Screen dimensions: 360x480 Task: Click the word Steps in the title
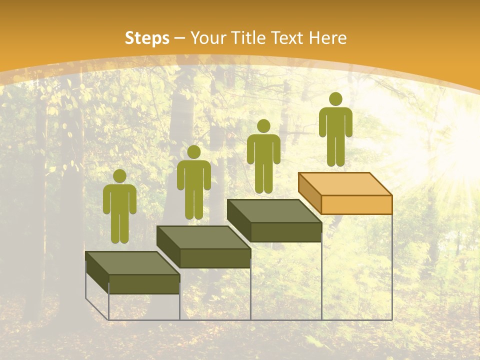[147, 38]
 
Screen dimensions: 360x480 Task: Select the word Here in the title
[328, 38]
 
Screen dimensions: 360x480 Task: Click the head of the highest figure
[335, 99]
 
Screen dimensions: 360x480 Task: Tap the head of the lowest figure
[119, 176]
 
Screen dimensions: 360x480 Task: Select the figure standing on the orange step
[335, 130]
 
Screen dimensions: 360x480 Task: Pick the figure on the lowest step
[119, 207]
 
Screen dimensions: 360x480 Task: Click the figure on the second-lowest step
[193, 182]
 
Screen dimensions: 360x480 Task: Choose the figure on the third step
[263, 156]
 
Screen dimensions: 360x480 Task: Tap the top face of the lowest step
[132, 263]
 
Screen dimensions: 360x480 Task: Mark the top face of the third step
[274, 211]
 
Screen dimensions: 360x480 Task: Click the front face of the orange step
[356, 204]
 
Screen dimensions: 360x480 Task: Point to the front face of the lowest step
[144, 284]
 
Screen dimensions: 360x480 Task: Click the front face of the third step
[285, 232]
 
